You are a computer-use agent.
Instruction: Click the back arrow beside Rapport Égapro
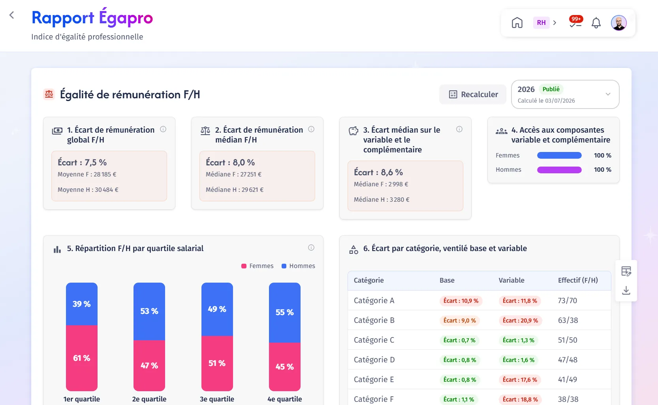[x=12, y=15]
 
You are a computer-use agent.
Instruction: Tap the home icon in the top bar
[x=517, y=22]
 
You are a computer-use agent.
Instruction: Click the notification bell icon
[x=596, y=22]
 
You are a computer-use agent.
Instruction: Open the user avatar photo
[x=619, y=22]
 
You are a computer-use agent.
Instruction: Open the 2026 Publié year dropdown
[x=565, y=94]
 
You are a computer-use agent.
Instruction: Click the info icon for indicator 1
[x=163, y=129]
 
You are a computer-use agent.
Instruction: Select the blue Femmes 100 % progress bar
[x=559, y=156]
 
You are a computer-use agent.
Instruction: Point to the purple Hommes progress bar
[x=559, y=170]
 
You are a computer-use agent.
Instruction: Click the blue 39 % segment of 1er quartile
[x=82, y=304]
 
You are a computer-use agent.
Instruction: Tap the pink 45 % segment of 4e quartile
[x=285, y=367]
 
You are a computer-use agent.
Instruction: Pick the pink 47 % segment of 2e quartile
[x=149, y=366]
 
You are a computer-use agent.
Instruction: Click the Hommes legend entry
[x=298, y=266]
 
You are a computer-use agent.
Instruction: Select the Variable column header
[x=511, y=280]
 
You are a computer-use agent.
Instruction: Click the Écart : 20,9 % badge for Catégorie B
[x=520, y=321]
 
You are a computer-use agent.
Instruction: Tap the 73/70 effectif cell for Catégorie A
[x=568, y=300]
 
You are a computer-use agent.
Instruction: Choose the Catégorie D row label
[x=374, y=360]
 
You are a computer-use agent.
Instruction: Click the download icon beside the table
[x=626, y=291]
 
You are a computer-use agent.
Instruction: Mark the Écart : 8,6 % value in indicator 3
[x=378, y=172]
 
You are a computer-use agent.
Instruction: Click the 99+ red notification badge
[x=576, y=19]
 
